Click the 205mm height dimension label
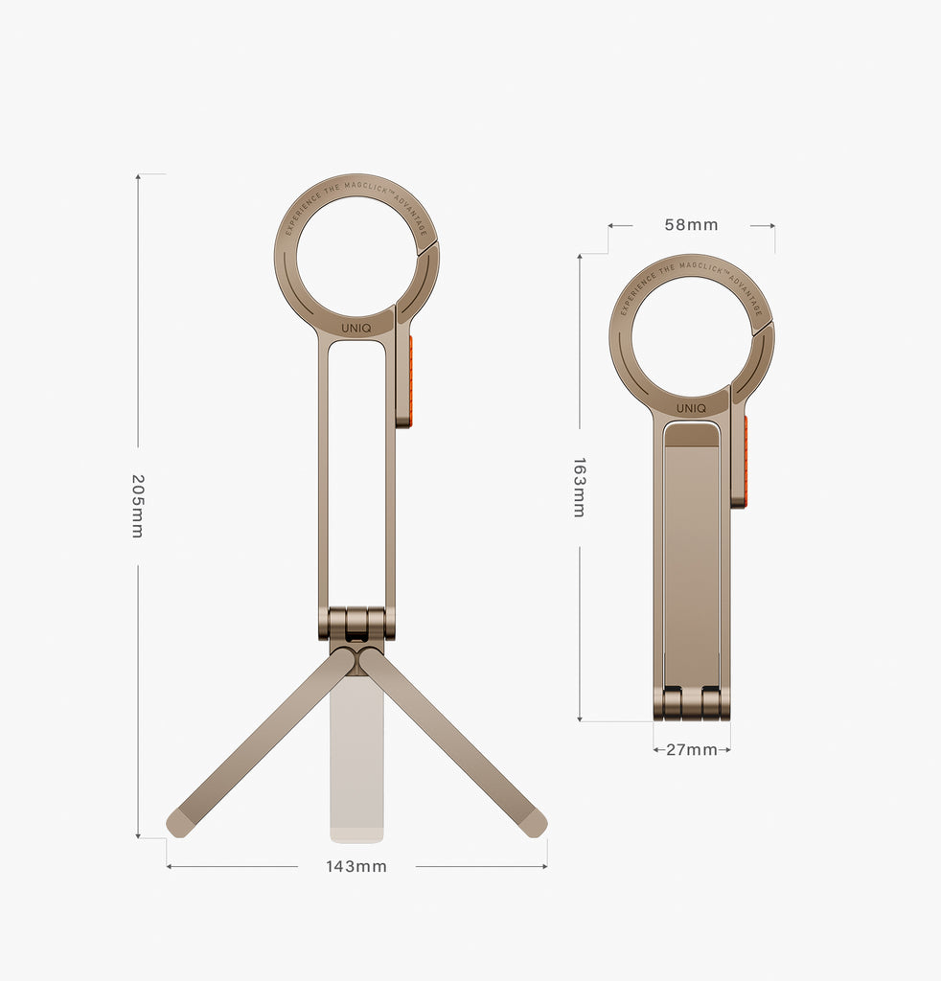(x=137, y=505)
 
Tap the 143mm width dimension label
(x=356, y=866)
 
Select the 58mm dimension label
(x=691, y=225)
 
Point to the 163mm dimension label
(x=579, y=487)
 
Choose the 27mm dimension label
(x=692, y=749)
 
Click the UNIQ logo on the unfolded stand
(x=356, y=327)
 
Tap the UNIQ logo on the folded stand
(x=691, y=408)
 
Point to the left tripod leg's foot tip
(x=178, y=823)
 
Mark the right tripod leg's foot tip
(x=535, y=823)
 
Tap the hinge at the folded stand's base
(x=691, y=703)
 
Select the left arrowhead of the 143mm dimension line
(x=170, y=866)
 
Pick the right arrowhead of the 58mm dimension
(x=772, y=226)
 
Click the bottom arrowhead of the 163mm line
(x=580, y=719)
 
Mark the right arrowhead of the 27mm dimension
(x=727, y=749)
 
